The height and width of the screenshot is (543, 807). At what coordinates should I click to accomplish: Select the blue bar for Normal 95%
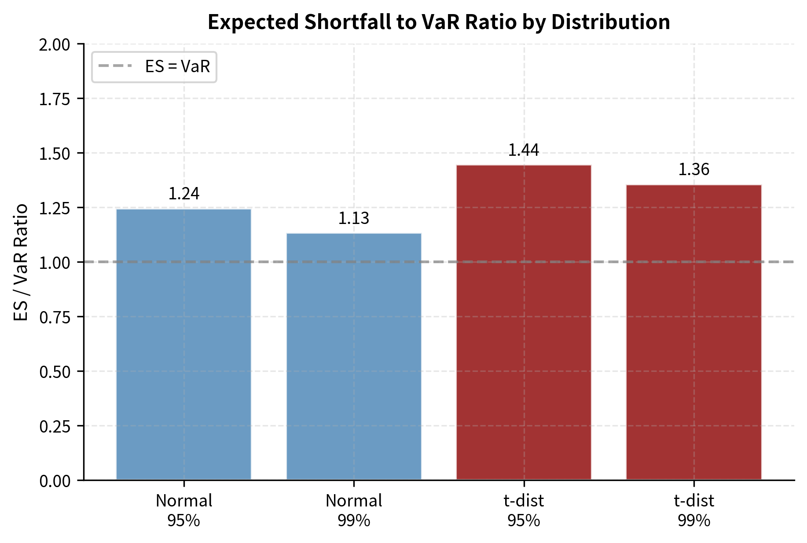[x=183, y=344]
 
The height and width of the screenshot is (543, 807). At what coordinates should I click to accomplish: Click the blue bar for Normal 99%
[x=354, y=356]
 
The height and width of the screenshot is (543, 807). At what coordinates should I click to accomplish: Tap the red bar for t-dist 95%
[x=524, y=322]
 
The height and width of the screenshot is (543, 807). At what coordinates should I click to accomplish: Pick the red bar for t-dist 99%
[x=693, y=332]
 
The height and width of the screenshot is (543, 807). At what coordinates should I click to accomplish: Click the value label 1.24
[x=184, y=194]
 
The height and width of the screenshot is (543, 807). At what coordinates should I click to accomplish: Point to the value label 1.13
[x=354, y=218]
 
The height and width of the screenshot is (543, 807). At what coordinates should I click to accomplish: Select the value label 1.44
[x=524, y=150]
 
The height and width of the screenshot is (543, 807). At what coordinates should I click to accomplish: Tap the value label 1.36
[x=693, y=169]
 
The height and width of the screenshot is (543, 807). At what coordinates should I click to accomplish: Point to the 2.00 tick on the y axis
[x=55, y=45]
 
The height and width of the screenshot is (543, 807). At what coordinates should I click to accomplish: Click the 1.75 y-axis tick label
[x=55, y=99]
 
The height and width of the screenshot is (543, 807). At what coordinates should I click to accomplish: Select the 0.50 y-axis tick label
[x=55, y=372]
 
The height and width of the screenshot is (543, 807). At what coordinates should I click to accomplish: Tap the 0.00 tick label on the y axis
[x=55, y=481]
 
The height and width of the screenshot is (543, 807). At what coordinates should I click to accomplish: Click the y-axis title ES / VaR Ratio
[x=21, y=262]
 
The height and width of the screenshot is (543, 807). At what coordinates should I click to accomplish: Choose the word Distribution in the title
[x=611, y=22]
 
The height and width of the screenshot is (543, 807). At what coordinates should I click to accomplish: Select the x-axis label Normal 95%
[x=184, y=510]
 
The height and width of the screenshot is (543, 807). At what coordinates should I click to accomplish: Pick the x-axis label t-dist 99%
[x=693, y=510]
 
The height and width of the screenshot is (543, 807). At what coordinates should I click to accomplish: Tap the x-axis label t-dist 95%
[x=524, y=510]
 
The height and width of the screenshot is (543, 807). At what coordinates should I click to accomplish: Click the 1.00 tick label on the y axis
[x=55, y=263]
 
